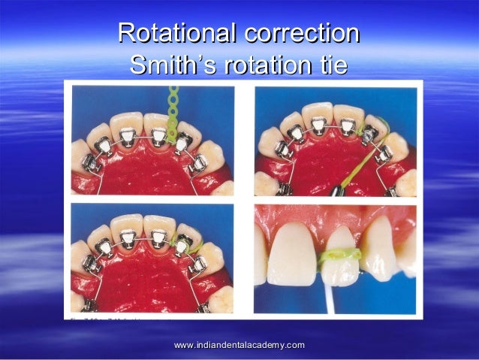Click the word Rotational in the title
[175, 34]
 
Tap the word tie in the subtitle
[330, 65]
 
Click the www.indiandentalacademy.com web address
[239, 345]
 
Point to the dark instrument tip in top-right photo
[333, 190]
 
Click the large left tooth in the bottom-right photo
[290, 253]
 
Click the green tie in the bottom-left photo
[184, 244]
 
